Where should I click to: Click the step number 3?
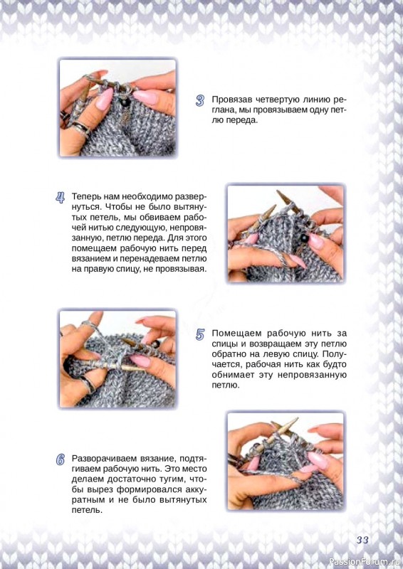(x=200, y=101)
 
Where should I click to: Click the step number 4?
(x=61, y=198)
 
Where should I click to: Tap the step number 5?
(x=200, y=334)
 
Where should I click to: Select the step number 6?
(x=61, y=459)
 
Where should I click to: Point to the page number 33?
(x=362, y=540)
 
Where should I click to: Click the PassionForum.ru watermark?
(x=365, y=562)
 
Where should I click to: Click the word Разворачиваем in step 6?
(x=101, y=458)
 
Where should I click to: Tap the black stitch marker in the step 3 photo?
(x=126, y=102)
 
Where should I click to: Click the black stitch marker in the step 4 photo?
(x=305, y=238)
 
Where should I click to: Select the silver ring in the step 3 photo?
(x=81, y=128)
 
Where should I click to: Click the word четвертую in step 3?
(x=277, y=100)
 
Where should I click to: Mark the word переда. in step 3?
(x=241, y=120)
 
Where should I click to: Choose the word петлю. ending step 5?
(x=226, y=385)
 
